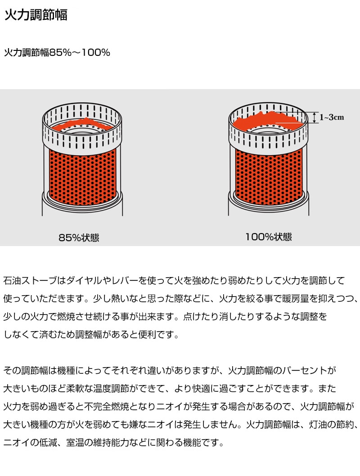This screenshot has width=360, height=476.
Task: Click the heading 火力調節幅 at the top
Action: pos(36,15)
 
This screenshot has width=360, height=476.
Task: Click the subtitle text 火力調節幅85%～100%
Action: pos(57,53)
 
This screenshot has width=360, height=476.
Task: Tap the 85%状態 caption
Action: pos(79,238)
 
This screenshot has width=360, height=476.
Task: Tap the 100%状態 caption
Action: pos(269,237)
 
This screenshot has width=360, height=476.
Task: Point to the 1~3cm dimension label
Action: pos(332,117)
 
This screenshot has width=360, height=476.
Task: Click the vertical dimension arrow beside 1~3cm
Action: pos(314,117)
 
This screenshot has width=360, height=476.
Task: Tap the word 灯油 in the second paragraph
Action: pos(319,424)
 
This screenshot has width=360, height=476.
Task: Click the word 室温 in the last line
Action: pos(75,443)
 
